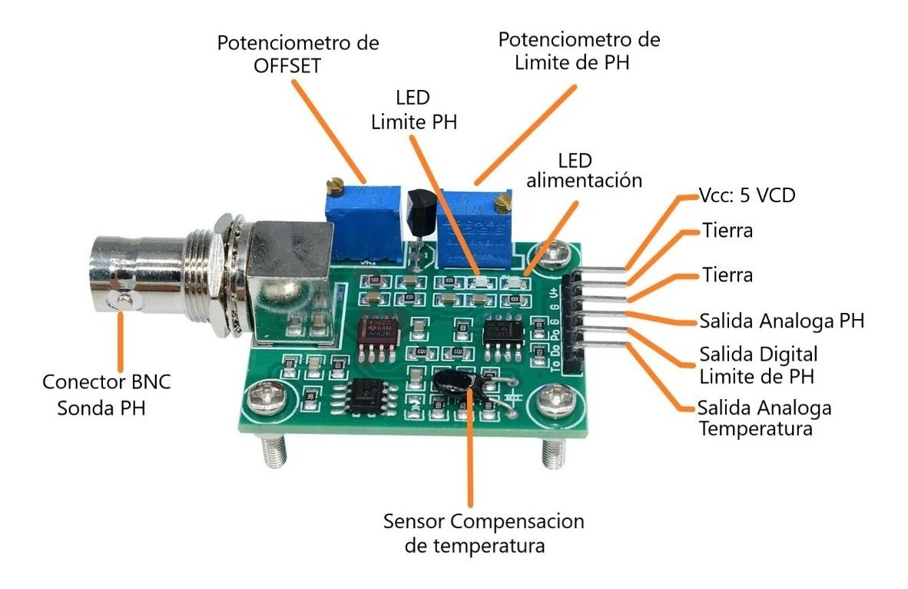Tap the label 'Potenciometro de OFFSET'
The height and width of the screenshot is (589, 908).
point(297,52)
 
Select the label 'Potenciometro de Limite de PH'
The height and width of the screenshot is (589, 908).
point(578,50)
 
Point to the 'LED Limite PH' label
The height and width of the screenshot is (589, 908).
point(413,110)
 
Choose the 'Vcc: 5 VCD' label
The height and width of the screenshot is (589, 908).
point(746,195)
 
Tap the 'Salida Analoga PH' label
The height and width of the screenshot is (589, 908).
point(781,320)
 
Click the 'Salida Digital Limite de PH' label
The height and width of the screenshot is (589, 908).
point(757,365)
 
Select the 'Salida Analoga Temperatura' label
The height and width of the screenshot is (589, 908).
point(764,417)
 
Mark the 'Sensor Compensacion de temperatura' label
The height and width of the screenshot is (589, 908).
point(483,533)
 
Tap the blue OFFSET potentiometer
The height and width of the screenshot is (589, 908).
point(361,223)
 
